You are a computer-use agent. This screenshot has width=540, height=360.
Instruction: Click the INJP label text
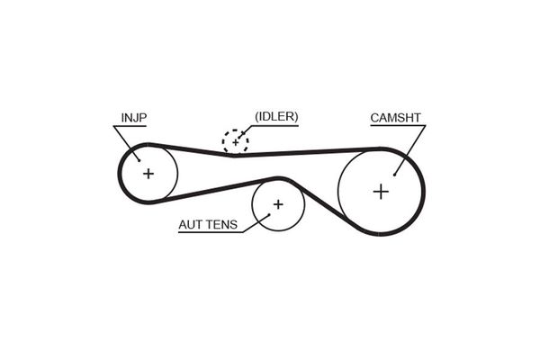(134, 117)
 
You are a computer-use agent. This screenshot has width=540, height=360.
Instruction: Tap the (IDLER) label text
(276, 116)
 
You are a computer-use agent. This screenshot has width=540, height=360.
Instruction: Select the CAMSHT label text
(396, 118)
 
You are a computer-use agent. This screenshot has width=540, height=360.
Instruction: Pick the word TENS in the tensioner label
(223, 225)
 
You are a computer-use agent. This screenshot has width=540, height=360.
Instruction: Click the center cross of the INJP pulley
(148, 173)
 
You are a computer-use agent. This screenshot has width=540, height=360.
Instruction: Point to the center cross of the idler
(235, 141)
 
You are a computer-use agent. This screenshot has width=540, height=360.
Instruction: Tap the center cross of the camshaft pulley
(381, 191)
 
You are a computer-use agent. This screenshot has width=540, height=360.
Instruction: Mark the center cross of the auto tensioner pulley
(278, 204)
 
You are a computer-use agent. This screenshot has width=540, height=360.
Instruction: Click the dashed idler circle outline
(224, 135)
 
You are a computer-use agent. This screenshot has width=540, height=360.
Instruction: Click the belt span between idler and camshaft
(306, 151)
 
